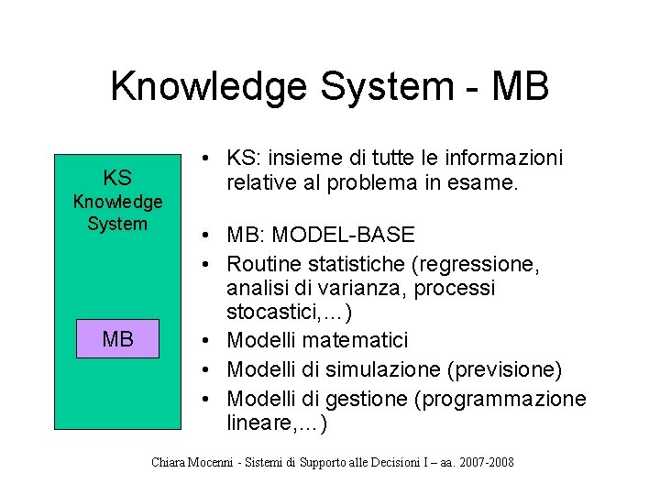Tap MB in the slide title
(520, 87)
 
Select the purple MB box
(117, 339)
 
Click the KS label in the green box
(117, 178)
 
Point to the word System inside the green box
(117, 224)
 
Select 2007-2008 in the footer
(482, 462)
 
